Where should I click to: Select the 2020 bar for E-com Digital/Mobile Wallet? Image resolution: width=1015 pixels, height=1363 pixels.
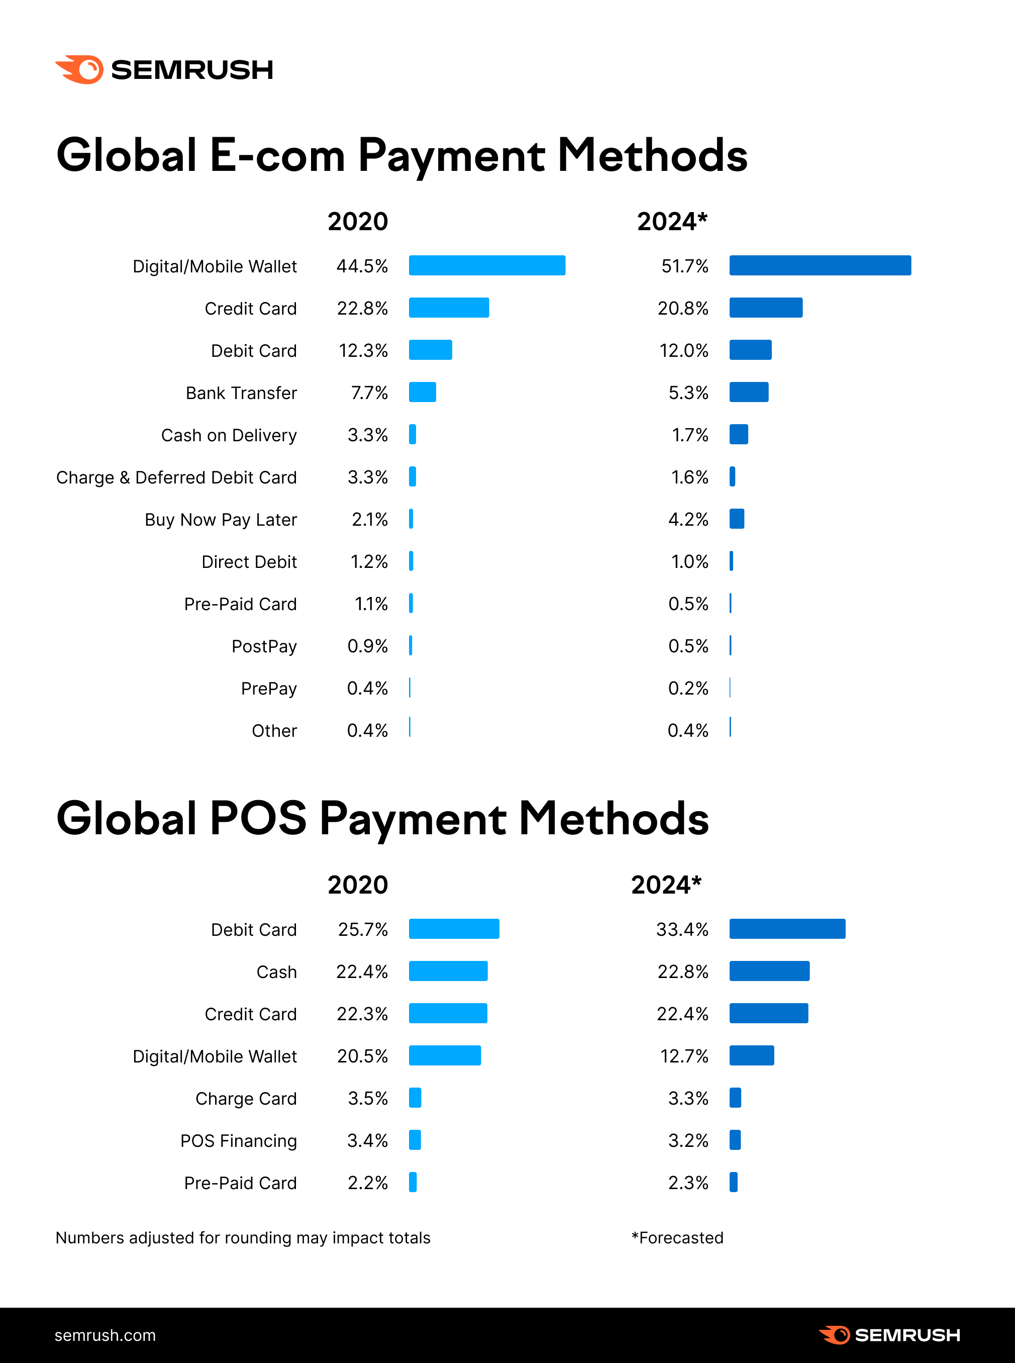click(486, 265)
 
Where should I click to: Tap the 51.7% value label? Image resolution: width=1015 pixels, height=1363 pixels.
click(684, 266)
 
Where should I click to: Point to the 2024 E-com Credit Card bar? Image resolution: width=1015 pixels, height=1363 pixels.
click(766, 308)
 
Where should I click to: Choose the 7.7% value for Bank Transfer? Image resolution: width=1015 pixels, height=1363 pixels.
click(369, 393)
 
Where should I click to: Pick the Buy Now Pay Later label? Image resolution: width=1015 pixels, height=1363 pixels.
click(221, 520)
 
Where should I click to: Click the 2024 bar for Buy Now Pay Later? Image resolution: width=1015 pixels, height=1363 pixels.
click(737, 519)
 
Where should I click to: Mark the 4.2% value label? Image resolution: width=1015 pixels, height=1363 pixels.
click(688, 520)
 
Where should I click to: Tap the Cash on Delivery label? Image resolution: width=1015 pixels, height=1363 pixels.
click(229, 435)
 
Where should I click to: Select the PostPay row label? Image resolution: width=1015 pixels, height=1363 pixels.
click(264, 646)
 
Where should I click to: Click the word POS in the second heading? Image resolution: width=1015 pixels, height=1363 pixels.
click(258, 819)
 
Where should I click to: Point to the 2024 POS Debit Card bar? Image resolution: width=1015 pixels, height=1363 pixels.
click(787, 929)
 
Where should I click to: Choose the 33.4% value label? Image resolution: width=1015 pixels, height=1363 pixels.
click(682, 930)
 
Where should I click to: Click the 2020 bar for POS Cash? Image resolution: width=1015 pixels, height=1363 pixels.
click(448, 971)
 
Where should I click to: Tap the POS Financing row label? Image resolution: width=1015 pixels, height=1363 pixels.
click(238, 1141)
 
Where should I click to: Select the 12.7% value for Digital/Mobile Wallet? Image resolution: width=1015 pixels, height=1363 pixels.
click(684, 1056)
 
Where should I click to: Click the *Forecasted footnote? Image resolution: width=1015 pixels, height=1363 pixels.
click(677, 1238)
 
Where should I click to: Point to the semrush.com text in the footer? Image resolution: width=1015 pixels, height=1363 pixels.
click(105, 1335)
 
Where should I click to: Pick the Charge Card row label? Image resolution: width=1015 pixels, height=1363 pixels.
click(246, 1099)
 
